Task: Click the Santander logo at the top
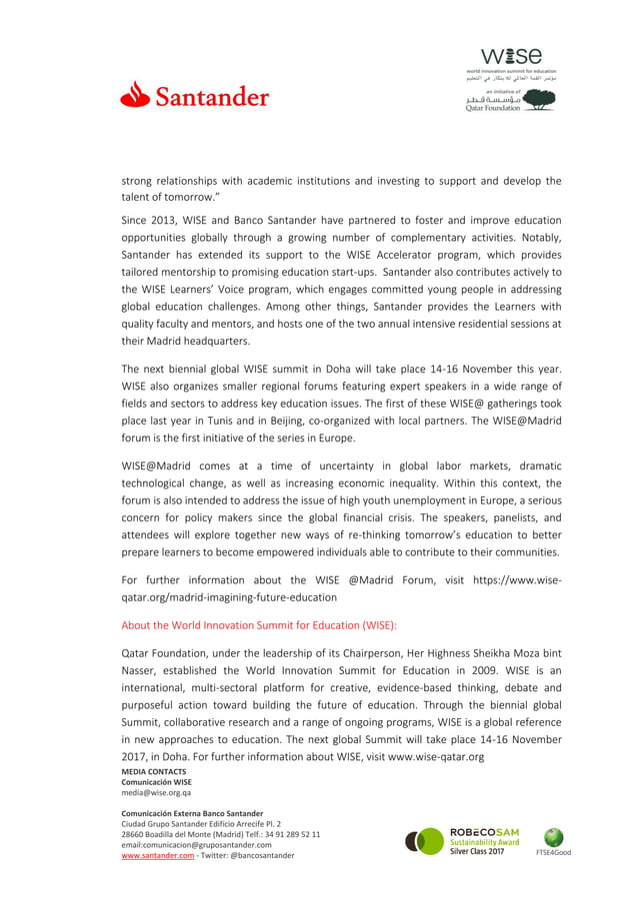click(195, 97)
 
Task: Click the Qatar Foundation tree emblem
click(539, 100)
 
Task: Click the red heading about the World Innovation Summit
click(259, 625)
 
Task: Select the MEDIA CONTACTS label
click(153, 771)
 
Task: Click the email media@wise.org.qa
click(157, 793)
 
